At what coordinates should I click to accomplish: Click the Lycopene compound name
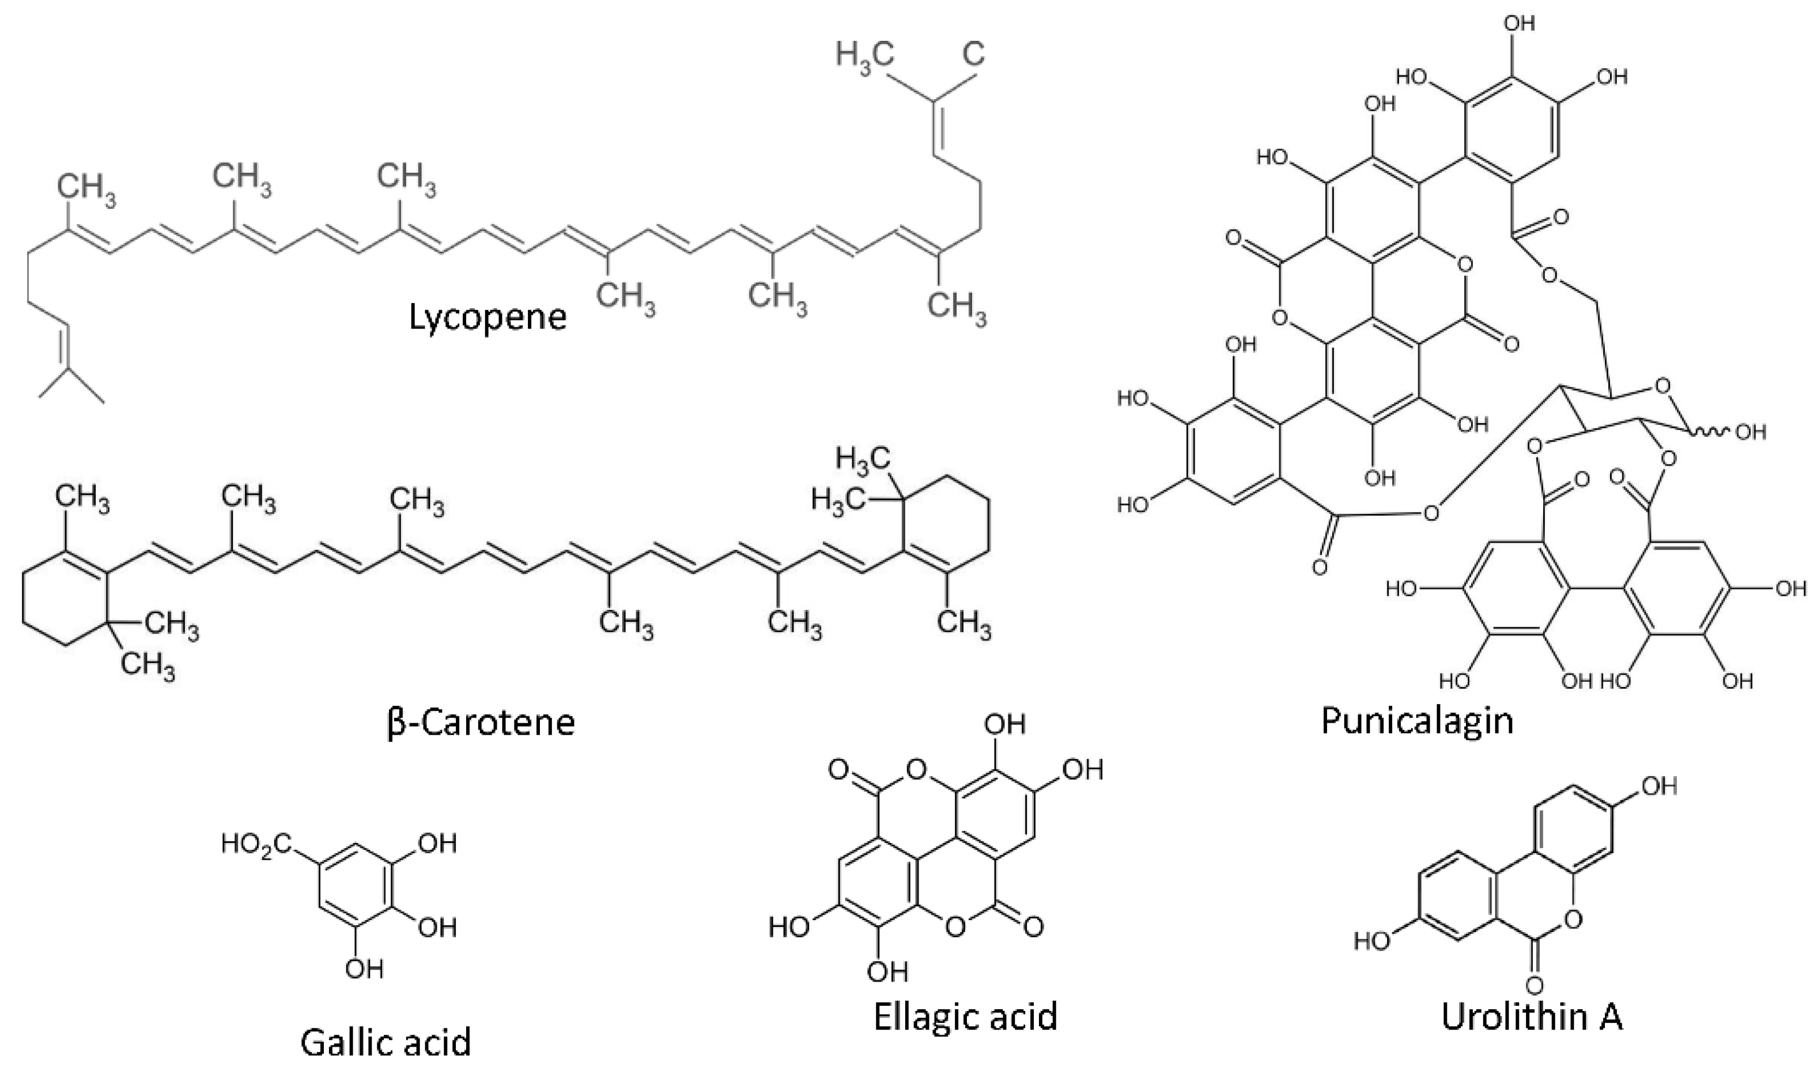(x=488, y=317)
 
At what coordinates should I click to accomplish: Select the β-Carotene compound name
(x=481, y=722)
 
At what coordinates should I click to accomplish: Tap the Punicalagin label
(x=1418, y=720)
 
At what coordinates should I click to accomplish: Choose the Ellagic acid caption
(x=965, y=1015)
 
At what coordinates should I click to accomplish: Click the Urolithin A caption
(x=1532, y=1015)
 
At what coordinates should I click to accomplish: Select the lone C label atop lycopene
(x=974, y=55)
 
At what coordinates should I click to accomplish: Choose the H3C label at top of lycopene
(x=864, y=55)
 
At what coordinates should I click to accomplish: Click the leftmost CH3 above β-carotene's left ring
(x=82, y=501)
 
